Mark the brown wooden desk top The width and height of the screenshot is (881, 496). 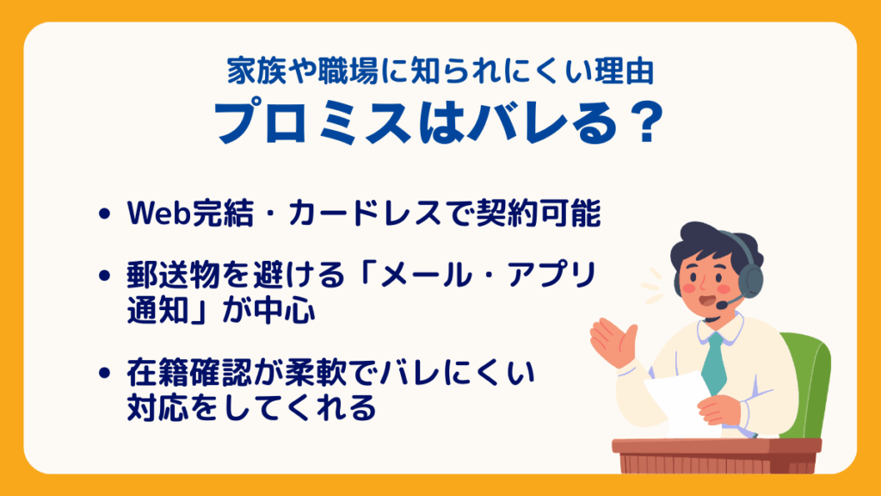pyautogui.click(x=715, y=445)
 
